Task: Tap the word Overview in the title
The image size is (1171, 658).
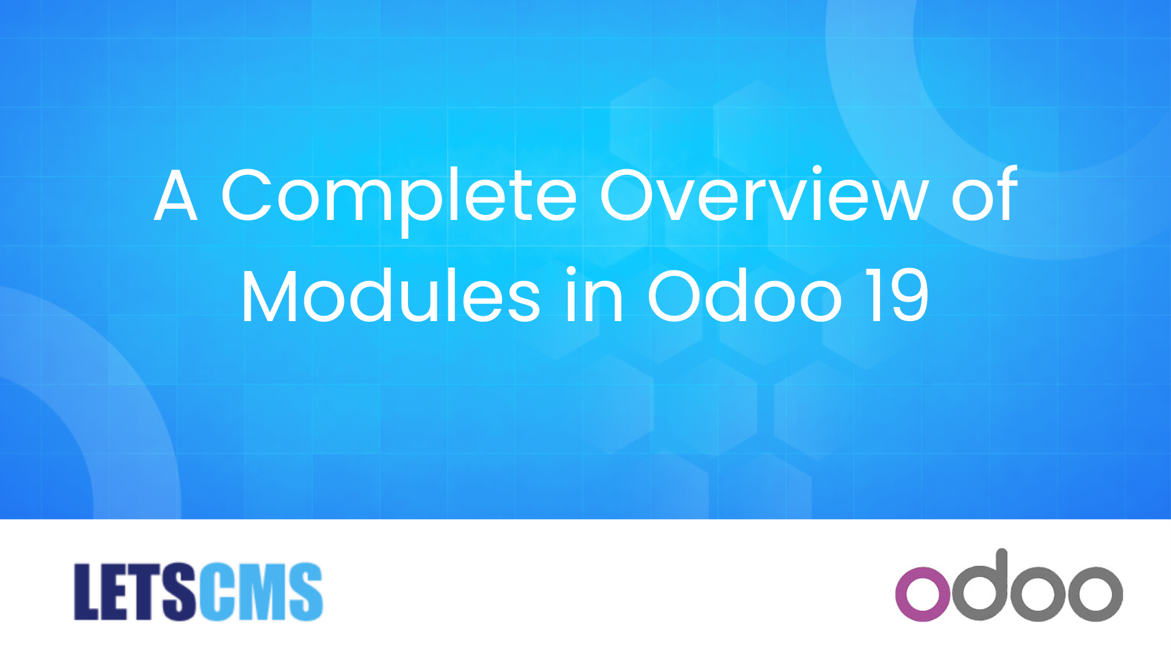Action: pos(765,194)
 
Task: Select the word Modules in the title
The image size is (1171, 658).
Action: pos(391,295)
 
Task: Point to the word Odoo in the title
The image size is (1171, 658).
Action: pos(745,295)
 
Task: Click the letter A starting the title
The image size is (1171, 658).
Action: pos(176,195)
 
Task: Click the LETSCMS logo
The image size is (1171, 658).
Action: pos(198,592)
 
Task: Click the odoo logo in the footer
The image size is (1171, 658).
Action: pos(1009,585)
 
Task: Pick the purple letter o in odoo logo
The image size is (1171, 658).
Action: pos(923,594)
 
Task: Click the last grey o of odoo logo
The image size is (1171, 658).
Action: pos(1095,594)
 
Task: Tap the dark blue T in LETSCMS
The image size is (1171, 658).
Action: pos(146,592)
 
